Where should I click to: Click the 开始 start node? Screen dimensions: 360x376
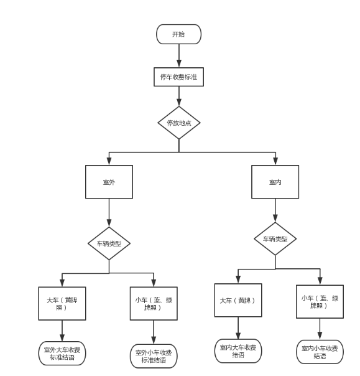tap(178, 34)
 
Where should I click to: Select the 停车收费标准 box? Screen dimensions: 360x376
tap(178, 77)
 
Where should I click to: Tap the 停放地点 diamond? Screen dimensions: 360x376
tap(179, 123)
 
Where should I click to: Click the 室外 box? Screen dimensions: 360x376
tap(109, 182)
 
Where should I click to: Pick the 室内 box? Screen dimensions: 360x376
tap(275, 182)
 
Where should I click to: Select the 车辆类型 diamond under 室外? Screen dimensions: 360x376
tap(109, 243)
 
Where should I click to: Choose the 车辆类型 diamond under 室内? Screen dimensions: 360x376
tap(275, 239)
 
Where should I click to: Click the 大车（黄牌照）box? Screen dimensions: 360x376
tap(62, 304)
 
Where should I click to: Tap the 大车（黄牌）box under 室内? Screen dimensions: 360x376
tap(238, 300)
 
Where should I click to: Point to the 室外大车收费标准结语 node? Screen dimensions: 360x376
tap(62, 354)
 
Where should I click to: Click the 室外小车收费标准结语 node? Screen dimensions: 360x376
tap(154, 356)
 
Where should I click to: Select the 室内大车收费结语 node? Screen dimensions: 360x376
tap(238, 351)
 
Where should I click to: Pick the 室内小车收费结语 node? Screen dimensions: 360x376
tap(320, 352)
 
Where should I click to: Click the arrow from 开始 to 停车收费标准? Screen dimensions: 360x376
tap(179, 55)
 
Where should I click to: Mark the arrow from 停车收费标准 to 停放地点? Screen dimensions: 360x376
tap(179, 96)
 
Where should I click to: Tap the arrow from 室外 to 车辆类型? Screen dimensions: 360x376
tap(109, 213)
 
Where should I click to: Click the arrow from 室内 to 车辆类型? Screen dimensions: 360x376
tap(275, 210)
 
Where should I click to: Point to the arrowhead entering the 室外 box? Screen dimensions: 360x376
tap(109, 161)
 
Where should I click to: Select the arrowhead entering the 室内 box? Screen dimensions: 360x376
tap(275, 161)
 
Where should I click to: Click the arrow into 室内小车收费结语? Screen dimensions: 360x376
tap(320, 329)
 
